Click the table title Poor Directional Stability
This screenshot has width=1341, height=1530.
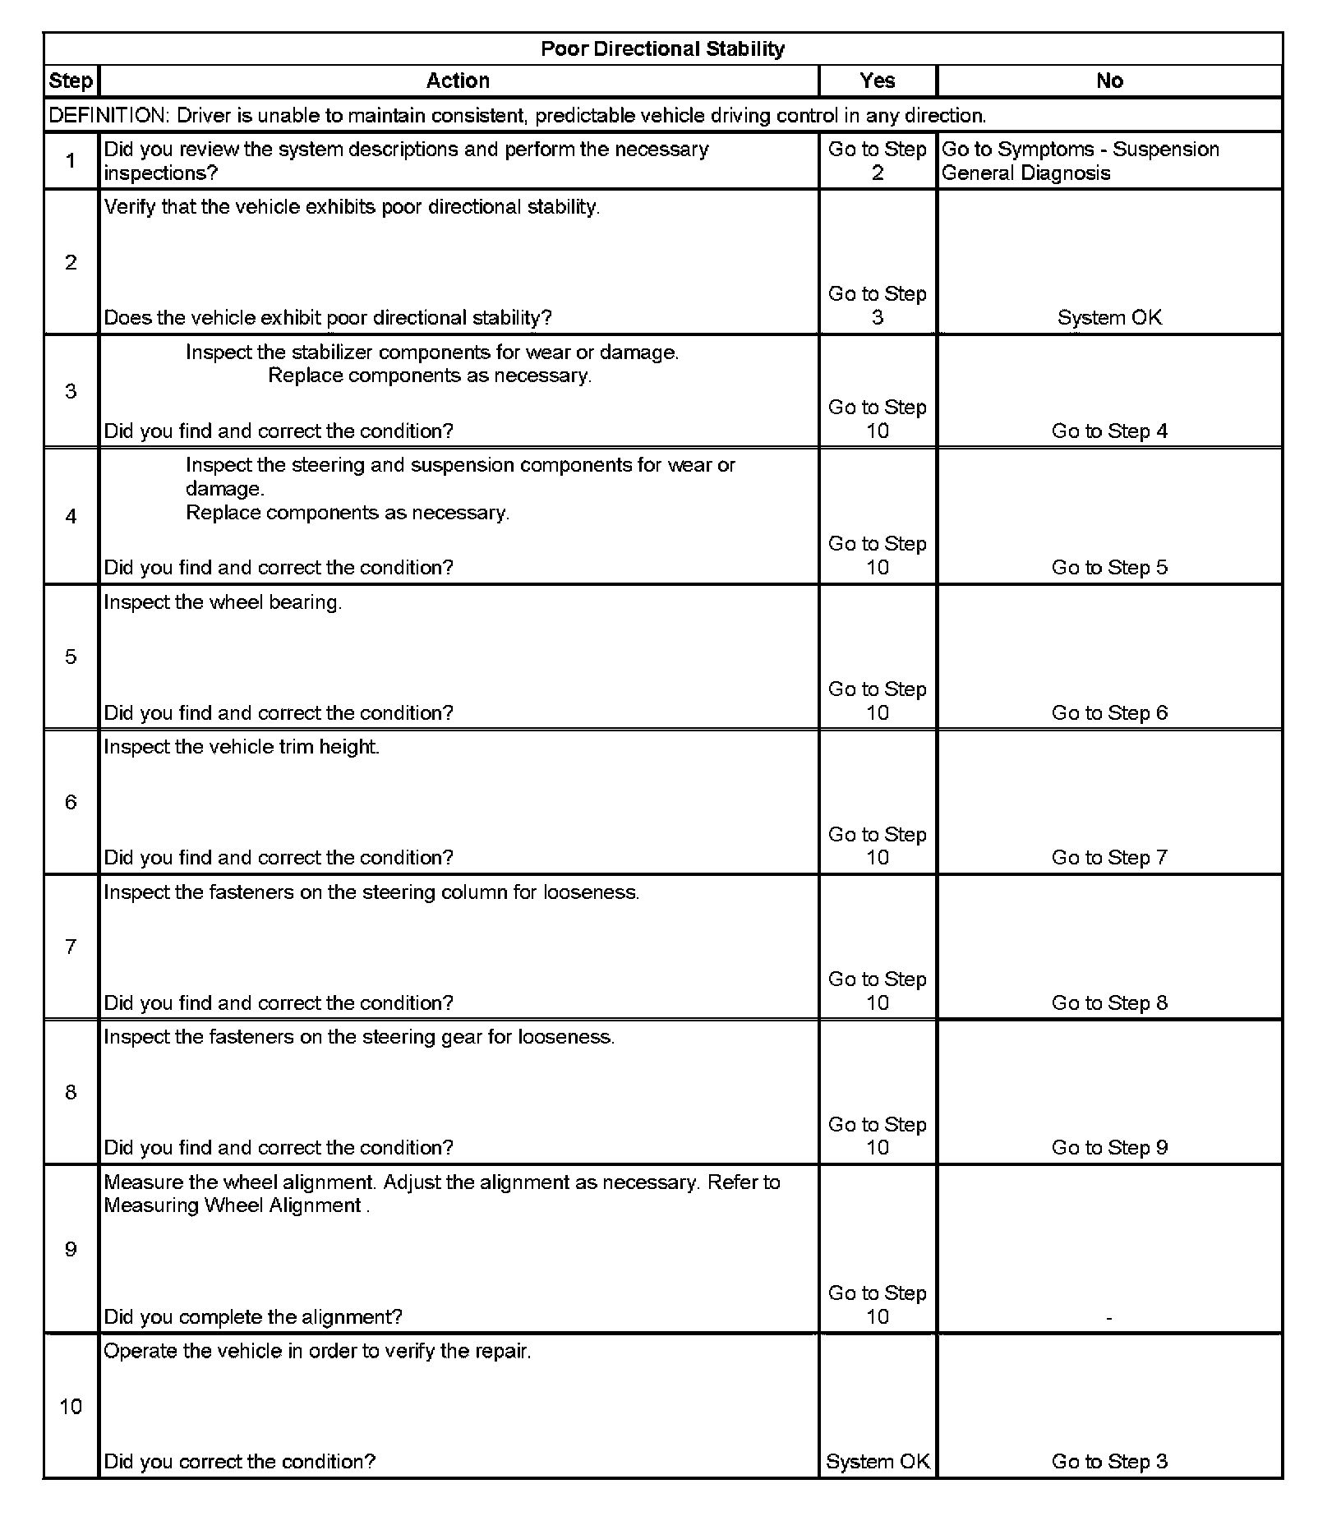click(x=662, y=49)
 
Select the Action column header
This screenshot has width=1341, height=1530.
click(x=458, y=81)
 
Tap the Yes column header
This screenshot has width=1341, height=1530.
click(x=877, y=81)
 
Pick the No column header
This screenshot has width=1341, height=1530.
click(x=1109, y=81)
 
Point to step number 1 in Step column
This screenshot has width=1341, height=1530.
click(x=71, y=161)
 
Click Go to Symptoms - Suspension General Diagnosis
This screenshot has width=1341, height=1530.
click(x=1080, y=161)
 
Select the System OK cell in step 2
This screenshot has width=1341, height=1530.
click(x=1109, y=318)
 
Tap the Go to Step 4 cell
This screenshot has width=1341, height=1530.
click(x=1109, y=431)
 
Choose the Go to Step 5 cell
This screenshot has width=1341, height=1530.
click(x=1109, y=568)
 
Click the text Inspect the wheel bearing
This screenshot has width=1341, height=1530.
click(x=223, y=602)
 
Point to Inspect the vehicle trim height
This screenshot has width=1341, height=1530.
click(x=242, y=747)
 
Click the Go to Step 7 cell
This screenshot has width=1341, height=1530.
click(x=1109, y=858)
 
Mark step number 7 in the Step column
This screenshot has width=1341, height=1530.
click(x=71, y=947)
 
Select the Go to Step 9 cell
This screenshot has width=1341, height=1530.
click(x=1109, y=1148)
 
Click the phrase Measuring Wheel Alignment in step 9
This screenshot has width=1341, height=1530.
click(x=233, y=1205)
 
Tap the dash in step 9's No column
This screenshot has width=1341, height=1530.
click(x=1109, y=1318)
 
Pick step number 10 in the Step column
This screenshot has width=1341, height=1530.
click(x=71, y=1407)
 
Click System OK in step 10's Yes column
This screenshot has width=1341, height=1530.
click(x=878, y=1462)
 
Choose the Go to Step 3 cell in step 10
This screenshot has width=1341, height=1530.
click(x=1109, y=1462)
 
